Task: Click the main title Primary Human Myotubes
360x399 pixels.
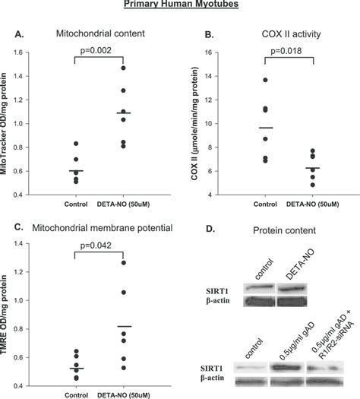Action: (x=179, y=5)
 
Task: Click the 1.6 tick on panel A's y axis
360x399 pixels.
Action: (x=34, y=53)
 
